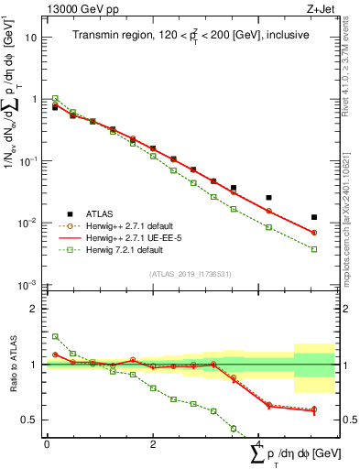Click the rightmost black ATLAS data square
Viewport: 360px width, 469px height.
pyautogui.click(x=314, y=217)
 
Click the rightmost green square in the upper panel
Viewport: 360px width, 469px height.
pyautogui.click(x=314, y=249)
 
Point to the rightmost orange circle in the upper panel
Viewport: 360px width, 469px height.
pyautogui.click(x=314, y=233)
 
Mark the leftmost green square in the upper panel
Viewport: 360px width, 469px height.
pyautogui.click(x=55, y=98)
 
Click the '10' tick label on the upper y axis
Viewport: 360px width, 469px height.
pyautogui.click(x=30, y=38)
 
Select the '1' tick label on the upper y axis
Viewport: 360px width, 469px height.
pyautogui.click(x=33, y=99)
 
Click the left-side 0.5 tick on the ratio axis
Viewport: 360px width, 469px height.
pyautogui.click(x=29, y=420)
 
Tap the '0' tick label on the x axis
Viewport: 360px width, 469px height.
pyautogui.click(x=47, y=443)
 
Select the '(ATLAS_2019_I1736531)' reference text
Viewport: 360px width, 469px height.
pyautogui.click(x=190, y=274)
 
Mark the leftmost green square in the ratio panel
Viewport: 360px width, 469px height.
pyautogui.click(x=55, y=336)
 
